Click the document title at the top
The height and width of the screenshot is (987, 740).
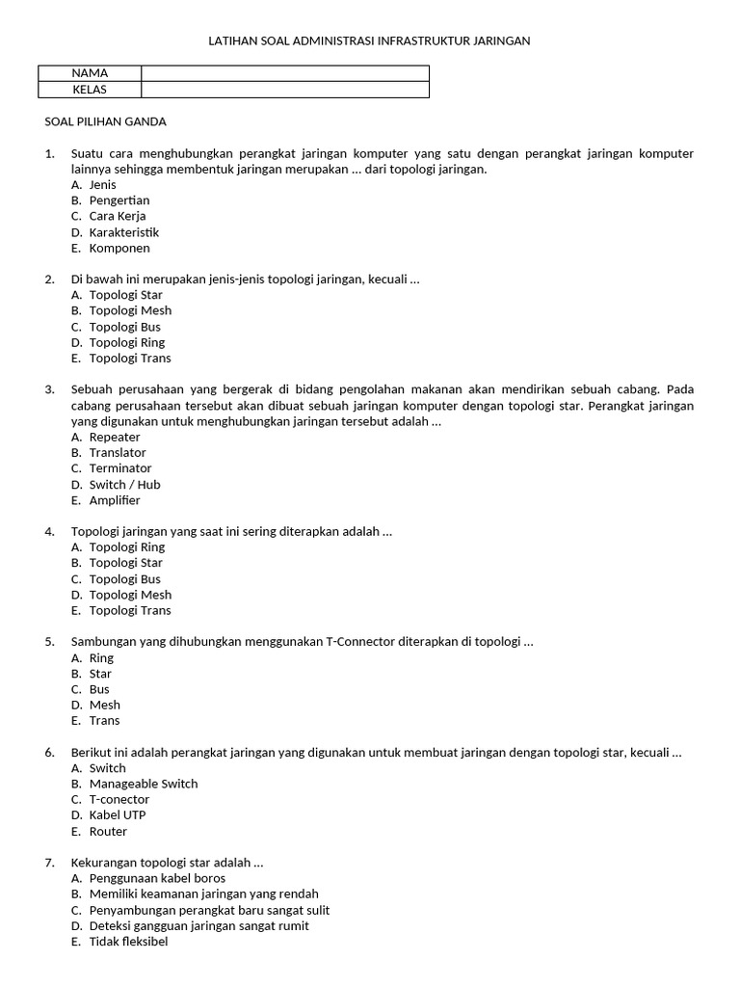coord(370,41)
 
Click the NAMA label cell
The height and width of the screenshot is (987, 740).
coord(90,73)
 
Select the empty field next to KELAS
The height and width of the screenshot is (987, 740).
coord(284,90)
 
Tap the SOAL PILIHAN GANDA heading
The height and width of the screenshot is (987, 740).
coord(106,121)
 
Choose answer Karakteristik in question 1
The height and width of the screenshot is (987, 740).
coord(123,232)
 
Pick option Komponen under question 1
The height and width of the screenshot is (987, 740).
coord(119,248)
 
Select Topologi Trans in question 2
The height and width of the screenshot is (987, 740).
coord(130,359)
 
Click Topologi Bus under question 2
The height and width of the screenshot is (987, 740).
coord(125,327)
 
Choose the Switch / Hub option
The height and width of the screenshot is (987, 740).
coord(124,485)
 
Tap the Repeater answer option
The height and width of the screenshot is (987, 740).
coord(115,438)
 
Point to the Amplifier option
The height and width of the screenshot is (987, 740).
coord(115,500)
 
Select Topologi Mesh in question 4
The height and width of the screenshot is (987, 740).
coord(130,595)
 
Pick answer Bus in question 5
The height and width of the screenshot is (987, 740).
coord(99,689)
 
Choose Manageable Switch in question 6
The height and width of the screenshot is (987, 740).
coord(144,784)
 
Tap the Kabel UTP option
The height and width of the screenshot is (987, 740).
coord(118,815)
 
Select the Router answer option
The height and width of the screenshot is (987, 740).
coord(108,831)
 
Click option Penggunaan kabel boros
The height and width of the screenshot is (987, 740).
coord(157,878)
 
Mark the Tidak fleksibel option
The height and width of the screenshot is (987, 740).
coord(128,942)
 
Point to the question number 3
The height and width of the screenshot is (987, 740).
coord(49,389)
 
